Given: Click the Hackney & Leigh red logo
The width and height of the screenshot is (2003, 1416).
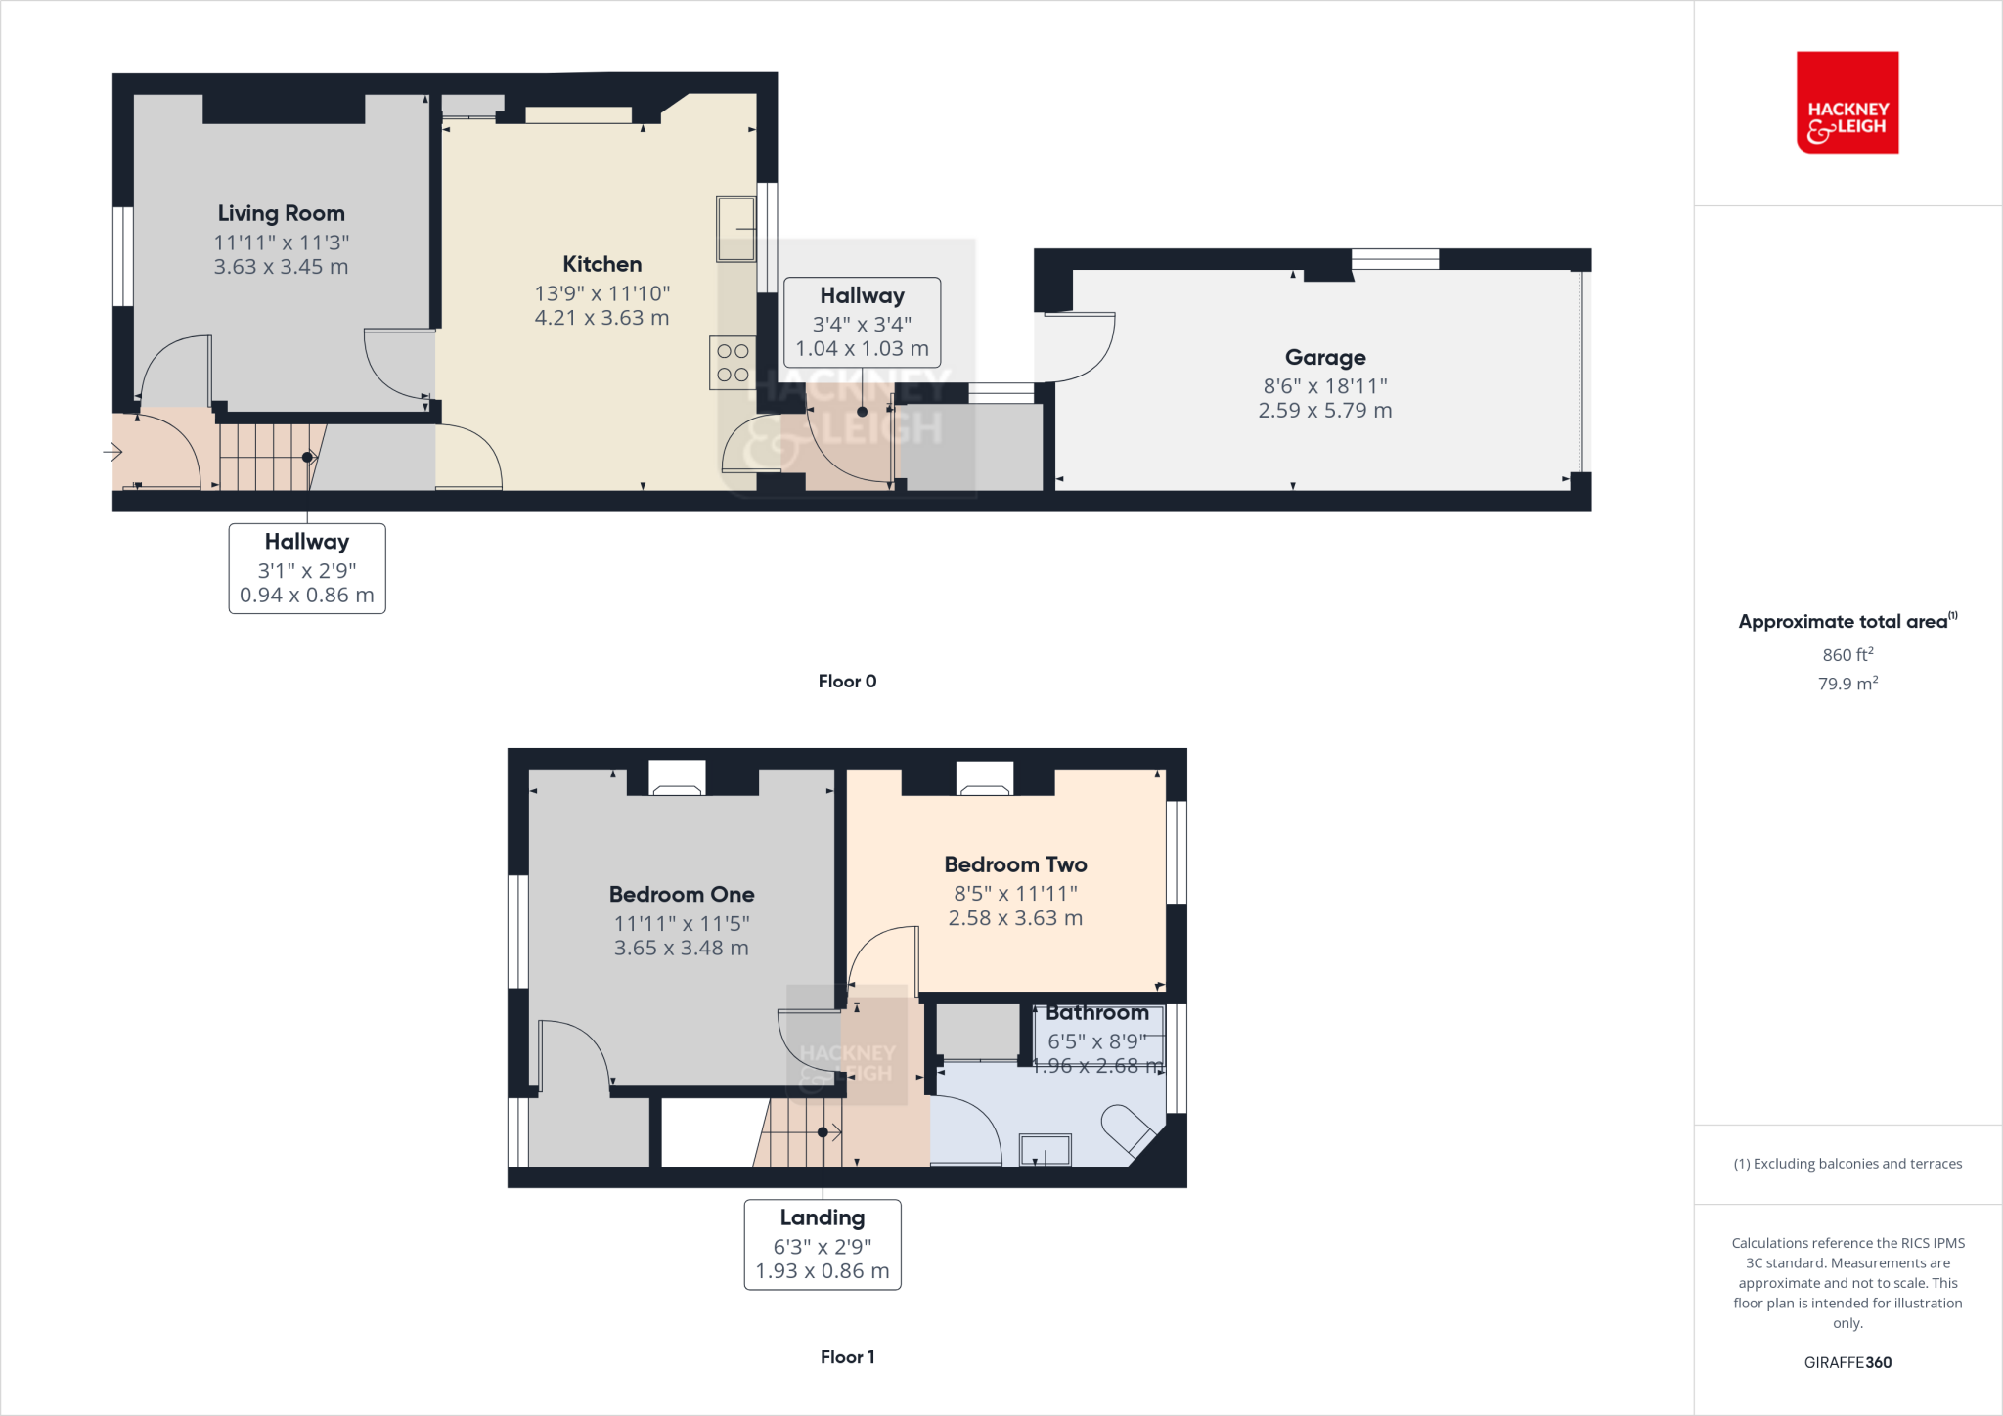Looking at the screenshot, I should (x=1847, y=103).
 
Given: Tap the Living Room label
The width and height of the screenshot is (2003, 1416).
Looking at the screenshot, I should (x=282, y=213).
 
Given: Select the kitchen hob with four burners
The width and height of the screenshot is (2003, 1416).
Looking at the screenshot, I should (x=733, y=363).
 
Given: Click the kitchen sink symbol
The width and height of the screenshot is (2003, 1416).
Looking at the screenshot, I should (x=736, y=229).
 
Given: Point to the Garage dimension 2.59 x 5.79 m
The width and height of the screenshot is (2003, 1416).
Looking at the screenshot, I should (x=1324, y=411).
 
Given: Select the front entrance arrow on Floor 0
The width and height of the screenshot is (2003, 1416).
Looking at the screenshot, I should (x=112, y=452).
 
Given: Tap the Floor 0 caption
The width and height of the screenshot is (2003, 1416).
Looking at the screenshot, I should (x=847, y=682).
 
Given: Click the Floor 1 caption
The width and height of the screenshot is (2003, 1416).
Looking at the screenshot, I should (x=847, y=1357).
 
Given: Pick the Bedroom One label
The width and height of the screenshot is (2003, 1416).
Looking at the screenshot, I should (x=682, y=895).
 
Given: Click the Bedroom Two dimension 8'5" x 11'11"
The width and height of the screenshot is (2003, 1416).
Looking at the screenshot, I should (x=1015, y=894).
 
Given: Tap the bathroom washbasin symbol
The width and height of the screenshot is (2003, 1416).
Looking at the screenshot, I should (x=1046, y=1149).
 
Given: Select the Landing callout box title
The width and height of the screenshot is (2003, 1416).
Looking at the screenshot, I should (x=823, y=1218).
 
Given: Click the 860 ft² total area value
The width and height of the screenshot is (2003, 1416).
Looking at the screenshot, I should (x=1847, y=655).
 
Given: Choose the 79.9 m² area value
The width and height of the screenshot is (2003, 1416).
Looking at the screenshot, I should (x=1847, y=684).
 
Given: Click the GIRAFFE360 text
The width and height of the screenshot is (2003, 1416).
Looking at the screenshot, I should (x=1847, y=1362).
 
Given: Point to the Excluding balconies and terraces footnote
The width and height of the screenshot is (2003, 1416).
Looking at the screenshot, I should (x=1847, y=1164).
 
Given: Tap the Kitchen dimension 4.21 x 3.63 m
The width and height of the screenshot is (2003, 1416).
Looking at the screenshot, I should (x=601, y=318).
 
